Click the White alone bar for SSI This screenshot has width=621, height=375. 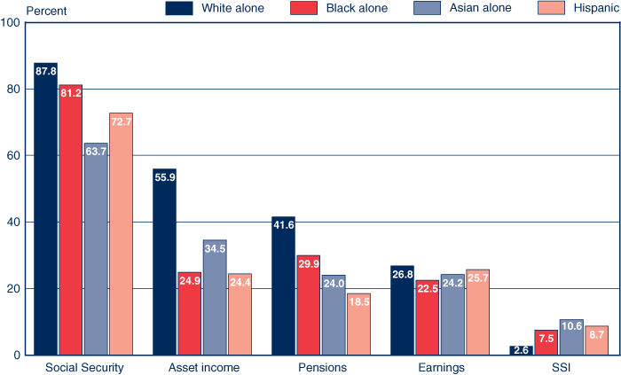click(522, 351)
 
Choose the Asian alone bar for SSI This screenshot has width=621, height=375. click(571, 338)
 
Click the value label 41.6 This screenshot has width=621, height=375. click(283, 225)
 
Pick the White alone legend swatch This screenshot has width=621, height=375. click(180, 9)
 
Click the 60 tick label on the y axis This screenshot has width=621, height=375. click(14, 155)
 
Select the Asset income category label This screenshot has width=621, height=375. click(203, 367)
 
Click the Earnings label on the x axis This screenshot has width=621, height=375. click(440, 367)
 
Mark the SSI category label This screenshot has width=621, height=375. click(559, 367)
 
